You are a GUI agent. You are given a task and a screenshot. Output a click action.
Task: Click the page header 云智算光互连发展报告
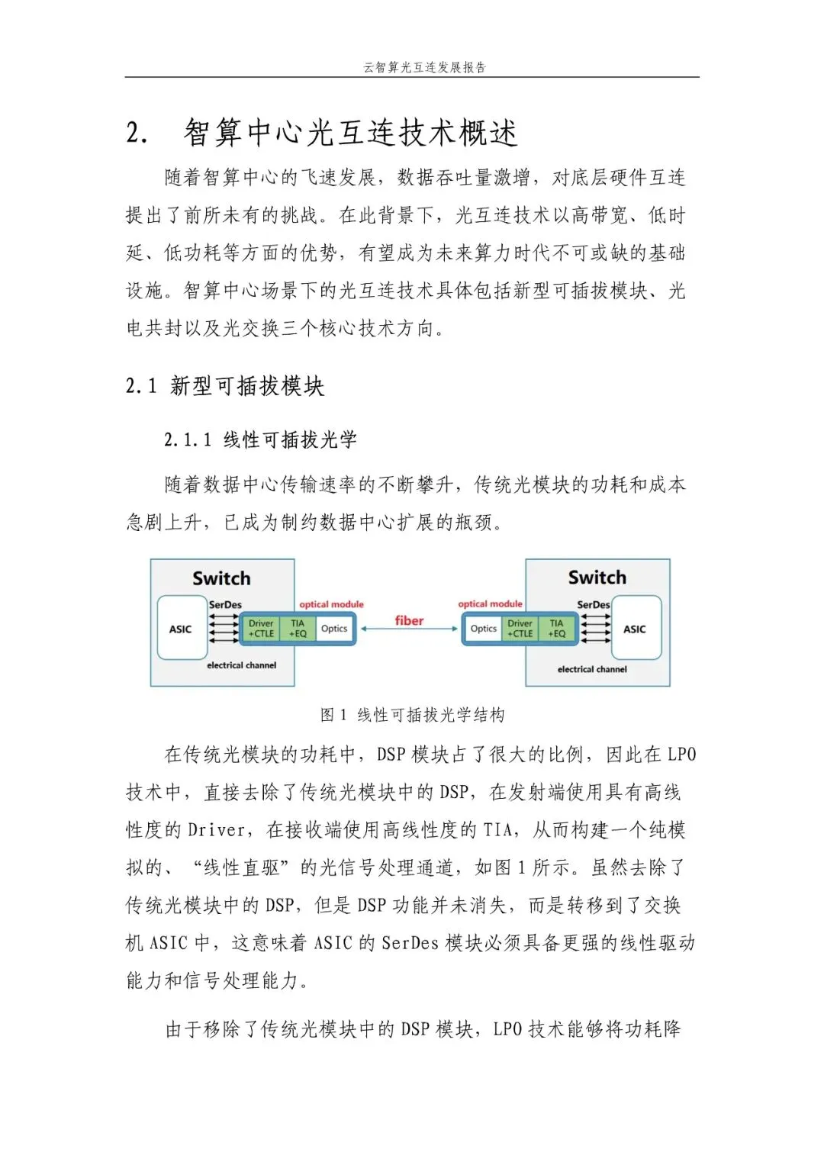[x=424, y=67]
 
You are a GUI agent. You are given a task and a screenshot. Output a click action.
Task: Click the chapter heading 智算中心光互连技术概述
[x=350, y=133]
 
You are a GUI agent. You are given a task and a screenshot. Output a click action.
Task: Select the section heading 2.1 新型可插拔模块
[x=225, y=386]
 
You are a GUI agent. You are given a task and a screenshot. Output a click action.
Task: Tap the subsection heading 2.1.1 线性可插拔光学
[x=260, y=439]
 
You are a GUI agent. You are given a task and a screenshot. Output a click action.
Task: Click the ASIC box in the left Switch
[x=181, y=629]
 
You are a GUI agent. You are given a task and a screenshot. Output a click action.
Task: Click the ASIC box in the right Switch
[x=635, y=629]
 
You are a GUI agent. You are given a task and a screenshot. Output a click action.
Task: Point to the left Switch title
[x=221, y=578]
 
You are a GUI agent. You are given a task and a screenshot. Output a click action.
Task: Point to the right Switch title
[x=597, y=578]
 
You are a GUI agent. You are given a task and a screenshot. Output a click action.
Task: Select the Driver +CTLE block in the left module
[x=261, y=629]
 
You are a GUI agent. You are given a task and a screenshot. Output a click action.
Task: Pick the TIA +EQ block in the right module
[x=557, y=629]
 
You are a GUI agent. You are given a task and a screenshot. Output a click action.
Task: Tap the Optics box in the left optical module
[x=334, y=629]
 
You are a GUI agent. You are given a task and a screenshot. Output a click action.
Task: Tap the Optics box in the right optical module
[x=484, y=629]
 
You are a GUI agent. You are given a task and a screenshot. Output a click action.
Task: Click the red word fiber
[x=409, y=620]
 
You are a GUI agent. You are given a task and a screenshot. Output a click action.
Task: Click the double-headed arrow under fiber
[x=409, y=629]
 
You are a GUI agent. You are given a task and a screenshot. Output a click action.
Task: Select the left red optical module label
[x=331, y=604]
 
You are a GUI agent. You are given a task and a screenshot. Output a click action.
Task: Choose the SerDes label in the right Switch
[x=593, y=604]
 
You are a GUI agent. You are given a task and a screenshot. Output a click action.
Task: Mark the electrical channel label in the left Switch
[x=241, y=665]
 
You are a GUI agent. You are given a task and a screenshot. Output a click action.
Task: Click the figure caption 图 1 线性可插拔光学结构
[x=412, y=715]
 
